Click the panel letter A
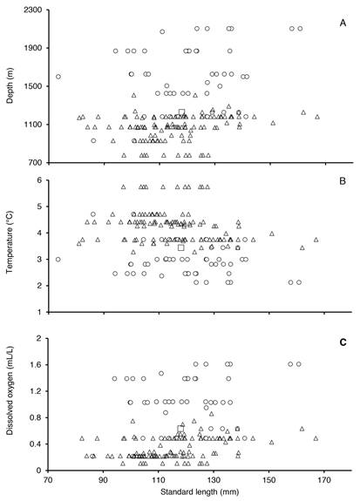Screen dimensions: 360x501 [343, 24]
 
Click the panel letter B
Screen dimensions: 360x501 [343, 181]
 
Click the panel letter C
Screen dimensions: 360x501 [343, 342]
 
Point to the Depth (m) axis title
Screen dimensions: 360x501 [10, 85]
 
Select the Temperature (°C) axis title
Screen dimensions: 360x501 [10, 242]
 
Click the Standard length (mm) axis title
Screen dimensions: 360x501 [200, 491]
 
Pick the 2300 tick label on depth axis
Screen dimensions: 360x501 [33, 10]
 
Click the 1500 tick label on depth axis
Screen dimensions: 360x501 [33, 86]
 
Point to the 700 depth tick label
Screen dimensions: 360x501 [35, 163]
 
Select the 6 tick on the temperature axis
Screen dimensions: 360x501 [40, 180]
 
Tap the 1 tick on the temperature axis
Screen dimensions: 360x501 [40, 312]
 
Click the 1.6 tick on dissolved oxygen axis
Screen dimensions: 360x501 [37, 364]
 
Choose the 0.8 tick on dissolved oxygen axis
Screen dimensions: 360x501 [37, 417]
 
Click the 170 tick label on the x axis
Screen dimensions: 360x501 [324, 481]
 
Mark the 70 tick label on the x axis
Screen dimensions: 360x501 [48, 481]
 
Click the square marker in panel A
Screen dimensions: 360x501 [181, 112]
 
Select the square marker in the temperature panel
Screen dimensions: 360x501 [181, 247]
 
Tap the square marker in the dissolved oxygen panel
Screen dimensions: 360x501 [180, 429]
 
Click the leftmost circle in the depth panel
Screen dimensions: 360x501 [58, 77]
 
